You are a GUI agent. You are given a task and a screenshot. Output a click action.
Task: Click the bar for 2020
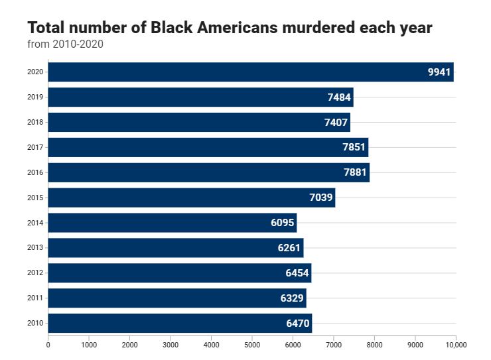[250, 72]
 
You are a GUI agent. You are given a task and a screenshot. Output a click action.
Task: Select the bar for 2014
[172, 223]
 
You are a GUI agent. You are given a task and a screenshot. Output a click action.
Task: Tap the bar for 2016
[208, 172]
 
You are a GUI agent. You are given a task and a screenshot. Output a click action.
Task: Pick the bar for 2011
[176, 298]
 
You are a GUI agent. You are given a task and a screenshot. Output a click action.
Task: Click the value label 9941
[439, 72]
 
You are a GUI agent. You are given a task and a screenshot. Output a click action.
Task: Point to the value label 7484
[339, 97]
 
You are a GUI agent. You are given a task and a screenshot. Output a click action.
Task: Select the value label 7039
[321, 198]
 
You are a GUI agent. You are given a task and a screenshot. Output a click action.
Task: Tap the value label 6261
[289, 248]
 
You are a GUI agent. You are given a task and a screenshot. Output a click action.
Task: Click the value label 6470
[298, 324]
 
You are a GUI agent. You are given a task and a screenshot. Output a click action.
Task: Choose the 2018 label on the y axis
[36, 122]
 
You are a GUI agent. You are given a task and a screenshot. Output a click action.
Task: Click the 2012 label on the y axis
[36, 273]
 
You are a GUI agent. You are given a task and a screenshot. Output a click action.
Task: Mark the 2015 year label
[36, 198]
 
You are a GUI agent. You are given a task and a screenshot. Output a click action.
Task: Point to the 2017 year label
[36, 147]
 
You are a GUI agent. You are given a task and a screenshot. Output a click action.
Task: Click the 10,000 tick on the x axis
[456, 345]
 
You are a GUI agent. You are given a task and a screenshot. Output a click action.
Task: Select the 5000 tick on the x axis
[252, 345]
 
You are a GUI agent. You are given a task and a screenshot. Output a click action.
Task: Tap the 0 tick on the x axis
[48, 345]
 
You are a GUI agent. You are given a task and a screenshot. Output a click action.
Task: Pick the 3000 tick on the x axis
[171, 345]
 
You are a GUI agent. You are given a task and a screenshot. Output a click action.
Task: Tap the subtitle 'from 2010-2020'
[65, 44]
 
